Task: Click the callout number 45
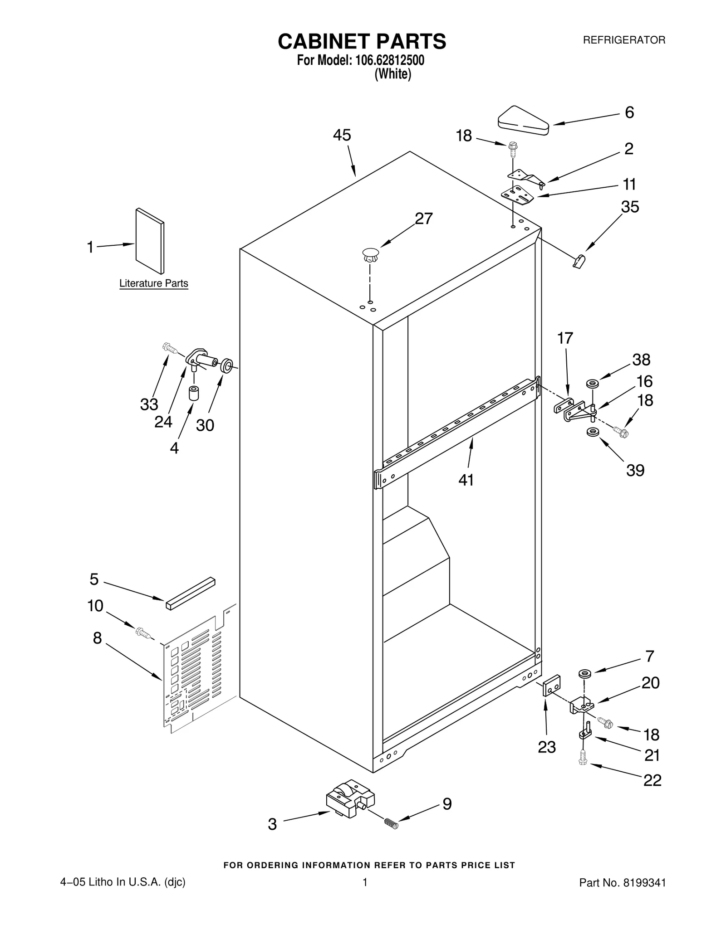pyautogui.click(x=342, y=135)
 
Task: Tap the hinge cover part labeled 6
pyautogui.click(x=524, y=121)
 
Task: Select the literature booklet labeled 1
pyautogui.click(x=150, y=241)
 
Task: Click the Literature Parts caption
pyautogui.click(x=153, y=283)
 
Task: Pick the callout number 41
pyautogui.click(x=466, y=480)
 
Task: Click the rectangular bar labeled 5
pyautogui.click(x=190, y=594)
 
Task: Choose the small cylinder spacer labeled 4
pyautogui.click(x=194, y=393)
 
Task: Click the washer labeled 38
pyautogui.click(x=592, y=384)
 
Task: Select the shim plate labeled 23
pyautogui.click(x=552, y=687)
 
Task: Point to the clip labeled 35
pyautogui.click(x=579, y=261)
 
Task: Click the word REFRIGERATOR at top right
pyautogui.click(x=623, y=40)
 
